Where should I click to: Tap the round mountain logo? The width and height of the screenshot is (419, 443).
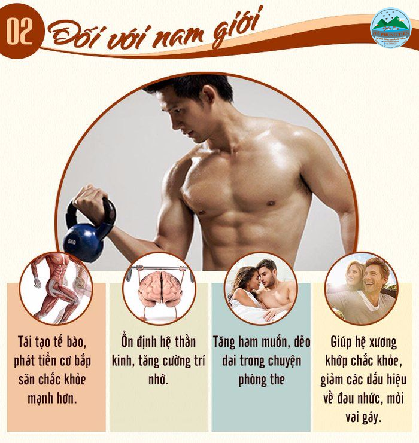point(390,28)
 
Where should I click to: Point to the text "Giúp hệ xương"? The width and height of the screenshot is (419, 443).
point(364,343)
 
